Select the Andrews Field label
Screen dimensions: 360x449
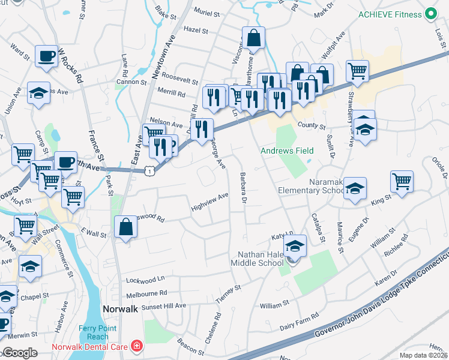click(x=287, y=151)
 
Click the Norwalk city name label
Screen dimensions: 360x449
click(x=121, y=308)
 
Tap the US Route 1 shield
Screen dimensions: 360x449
click(x=149, y=171)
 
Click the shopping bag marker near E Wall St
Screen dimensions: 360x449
click(x=125, y=227)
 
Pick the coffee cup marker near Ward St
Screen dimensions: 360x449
click(x=46, y=56)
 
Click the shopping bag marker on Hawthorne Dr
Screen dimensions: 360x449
click(x=254, y=37)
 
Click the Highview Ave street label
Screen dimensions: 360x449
click(x=209, y=200)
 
